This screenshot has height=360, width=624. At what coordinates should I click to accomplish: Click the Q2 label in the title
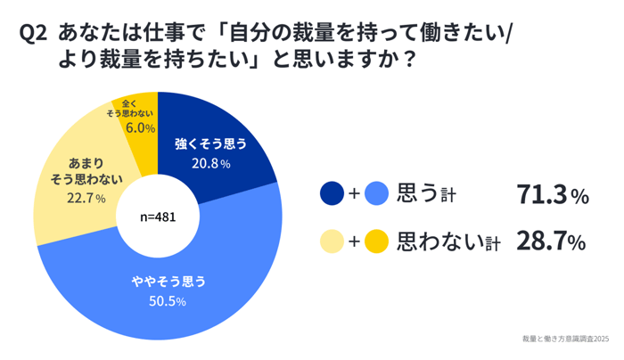point(32,34)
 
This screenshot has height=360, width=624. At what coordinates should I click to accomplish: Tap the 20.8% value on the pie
point(211,164)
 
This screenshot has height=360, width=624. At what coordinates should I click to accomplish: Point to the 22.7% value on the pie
point(86,198)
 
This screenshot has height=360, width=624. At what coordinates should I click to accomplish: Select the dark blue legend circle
point(332,192)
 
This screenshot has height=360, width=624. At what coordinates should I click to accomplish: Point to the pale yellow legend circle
point(332,241)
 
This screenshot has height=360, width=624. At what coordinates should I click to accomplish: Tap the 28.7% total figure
point(550,241)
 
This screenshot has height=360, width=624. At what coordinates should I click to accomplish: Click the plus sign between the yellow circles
point(354,241)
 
